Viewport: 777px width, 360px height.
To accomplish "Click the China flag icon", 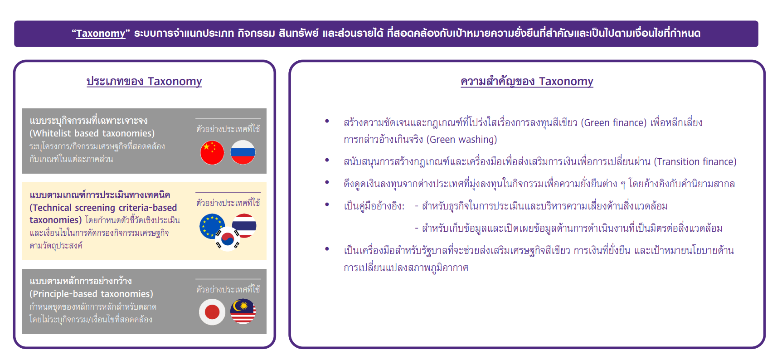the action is (x=212, y=153).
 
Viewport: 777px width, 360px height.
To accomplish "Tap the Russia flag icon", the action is (x=243, y=152).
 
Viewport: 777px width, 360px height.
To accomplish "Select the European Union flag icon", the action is (x=212, y=226).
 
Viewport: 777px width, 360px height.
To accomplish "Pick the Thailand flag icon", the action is (x=244, y=226).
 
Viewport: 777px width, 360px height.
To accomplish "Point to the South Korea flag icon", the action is (x=228, y=239).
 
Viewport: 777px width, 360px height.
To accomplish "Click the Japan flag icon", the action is (x=212, y=312).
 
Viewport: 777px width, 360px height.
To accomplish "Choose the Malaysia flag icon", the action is (x=243, y=311).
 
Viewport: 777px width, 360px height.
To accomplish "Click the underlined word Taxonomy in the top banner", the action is (x=101, y=33).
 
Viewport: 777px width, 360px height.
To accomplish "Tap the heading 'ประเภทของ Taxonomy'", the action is (x=144, y=82).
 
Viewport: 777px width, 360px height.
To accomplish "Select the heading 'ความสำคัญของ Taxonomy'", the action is (x=527, y=82).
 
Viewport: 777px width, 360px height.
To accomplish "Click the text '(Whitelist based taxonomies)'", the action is (x=92, y=133).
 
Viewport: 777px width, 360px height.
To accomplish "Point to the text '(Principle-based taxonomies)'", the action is (x=91, y=294).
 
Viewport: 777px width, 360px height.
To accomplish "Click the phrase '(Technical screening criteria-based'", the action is (x=103, y=207).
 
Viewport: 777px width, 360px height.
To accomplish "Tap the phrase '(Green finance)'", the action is (x=614, y=123).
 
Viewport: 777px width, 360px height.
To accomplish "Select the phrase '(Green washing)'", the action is (x=461, y=140).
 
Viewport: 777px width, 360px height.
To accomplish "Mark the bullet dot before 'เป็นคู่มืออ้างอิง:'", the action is (x=327, y=204).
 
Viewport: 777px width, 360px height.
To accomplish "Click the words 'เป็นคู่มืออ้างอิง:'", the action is (x=374, y=206).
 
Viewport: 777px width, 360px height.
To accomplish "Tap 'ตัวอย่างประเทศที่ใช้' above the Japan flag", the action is (x=228, y=289).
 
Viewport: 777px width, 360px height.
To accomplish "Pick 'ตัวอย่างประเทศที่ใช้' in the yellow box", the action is (x=228, y=202).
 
